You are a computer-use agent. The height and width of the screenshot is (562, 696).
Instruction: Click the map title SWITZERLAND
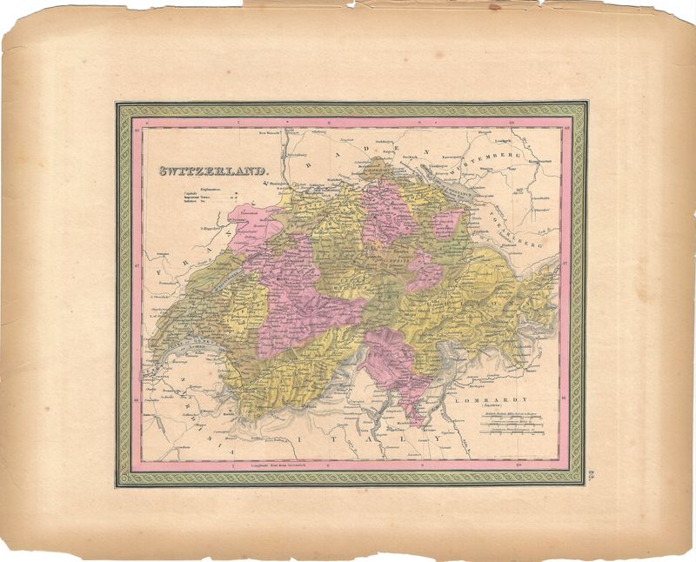[212, 171]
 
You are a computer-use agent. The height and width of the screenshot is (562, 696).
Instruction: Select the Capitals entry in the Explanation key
[191, 193]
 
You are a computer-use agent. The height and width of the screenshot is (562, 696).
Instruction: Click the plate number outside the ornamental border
[591, 472]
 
